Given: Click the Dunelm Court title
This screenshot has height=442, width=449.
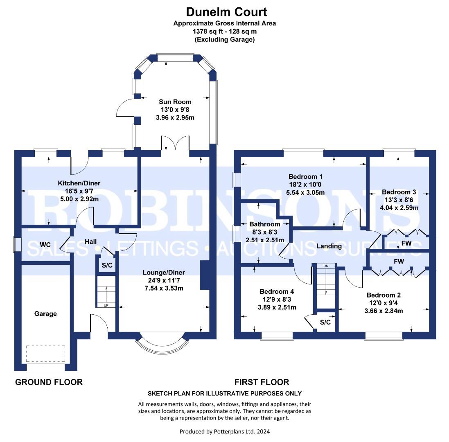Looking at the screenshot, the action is (226, 12).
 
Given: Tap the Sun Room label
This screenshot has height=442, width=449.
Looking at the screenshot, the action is (175, 101).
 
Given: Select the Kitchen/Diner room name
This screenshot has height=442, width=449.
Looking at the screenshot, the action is (79, 183).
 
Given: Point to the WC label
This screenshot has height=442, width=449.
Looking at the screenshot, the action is (45, 245).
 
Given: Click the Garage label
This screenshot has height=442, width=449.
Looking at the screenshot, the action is (45, 314).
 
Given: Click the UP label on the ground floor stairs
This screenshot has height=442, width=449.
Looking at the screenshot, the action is (106, 305).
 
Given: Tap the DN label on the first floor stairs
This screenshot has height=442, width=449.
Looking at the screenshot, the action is (326, 266).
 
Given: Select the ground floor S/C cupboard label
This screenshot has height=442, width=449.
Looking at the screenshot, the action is (107, 265).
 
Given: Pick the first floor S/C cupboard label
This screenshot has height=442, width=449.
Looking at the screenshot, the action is (325, 322).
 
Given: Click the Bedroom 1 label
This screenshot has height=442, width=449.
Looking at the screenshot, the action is (305, 177).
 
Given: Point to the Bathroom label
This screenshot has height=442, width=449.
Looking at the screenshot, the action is (264, 224).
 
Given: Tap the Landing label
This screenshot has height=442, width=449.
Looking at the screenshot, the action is (329, 246).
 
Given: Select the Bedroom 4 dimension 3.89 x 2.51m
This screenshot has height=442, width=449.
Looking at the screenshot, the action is (277, 307).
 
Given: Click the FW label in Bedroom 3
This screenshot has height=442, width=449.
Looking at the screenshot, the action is (406, 244).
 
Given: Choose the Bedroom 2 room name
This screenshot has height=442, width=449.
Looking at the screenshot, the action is (384, 295).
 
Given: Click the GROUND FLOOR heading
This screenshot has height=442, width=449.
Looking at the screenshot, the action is (49, 382).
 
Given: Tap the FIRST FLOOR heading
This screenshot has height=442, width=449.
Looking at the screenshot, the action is (262, 382).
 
